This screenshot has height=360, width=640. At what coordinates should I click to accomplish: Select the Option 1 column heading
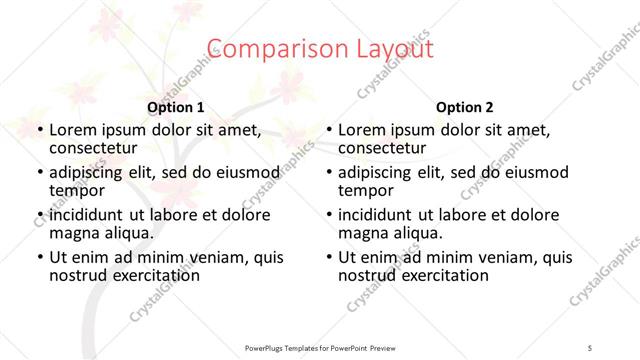176,107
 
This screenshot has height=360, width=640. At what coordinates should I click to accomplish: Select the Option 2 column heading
464,107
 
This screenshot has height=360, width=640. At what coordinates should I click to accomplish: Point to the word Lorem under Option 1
74,130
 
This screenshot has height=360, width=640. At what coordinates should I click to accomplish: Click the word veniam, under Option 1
213,257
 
